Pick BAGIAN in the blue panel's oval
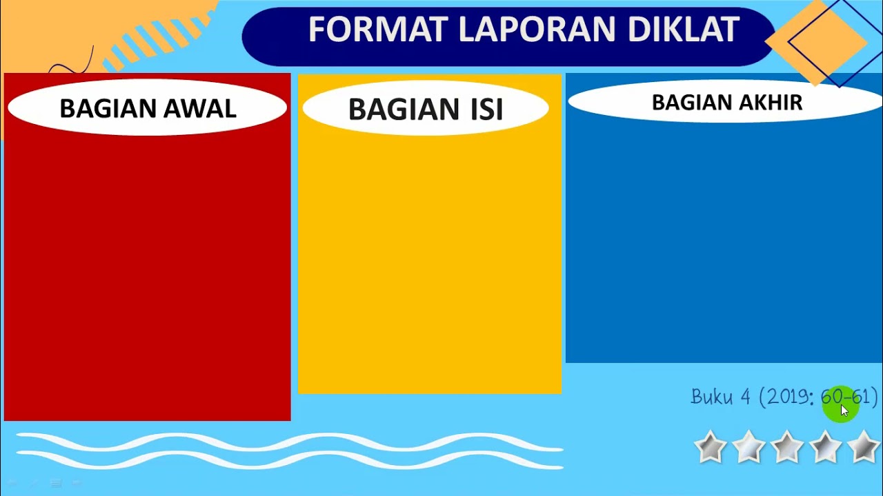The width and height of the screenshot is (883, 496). pos(692,103)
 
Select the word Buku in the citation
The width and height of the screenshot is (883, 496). pos(711,397)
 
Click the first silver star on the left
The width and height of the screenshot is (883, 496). pos(710,447)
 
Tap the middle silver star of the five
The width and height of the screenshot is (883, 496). pos(787,447)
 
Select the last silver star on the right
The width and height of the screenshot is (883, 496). pos(864,447)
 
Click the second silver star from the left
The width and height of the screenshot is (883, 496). pos(748,447)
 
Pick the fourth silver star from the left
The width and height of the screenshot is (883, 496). pos(826,447)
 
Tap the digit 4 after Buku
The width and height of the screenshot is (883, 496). pos(745,397)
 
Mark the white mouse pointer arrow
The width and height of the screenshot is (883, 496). pos(844,411)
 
